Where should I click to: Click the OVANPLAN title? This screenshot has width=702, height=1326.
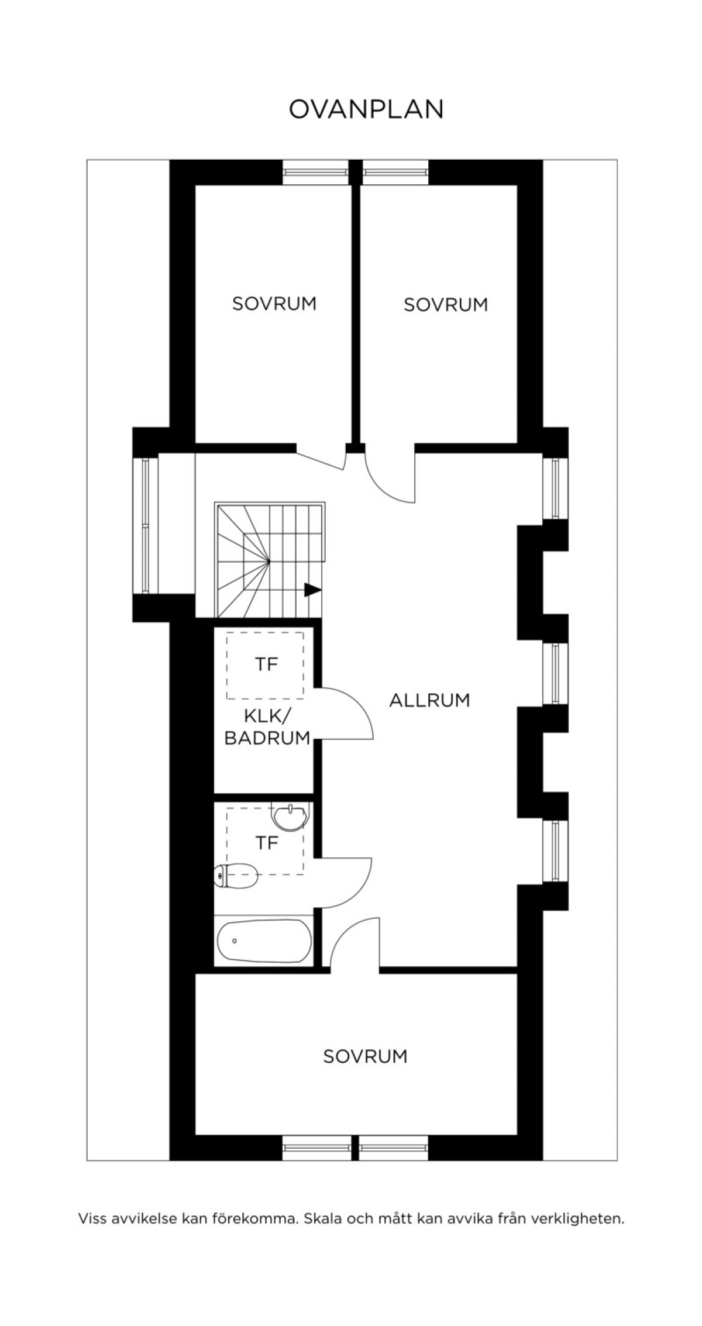click(x=367, y=109)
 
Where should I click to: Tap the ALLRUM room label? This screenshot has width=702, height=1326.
click(x=430, y=700)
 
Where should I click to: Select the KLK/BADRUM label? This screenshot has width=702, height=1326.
click(x=267, y=727)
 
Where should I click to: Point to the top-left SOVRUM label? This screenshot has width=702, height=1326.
click(x=274, y=304)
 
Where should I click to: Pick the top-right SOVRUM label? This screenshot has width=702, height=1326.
click(x=446, y=305)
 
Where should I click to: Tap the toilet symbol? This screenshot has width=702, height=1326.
click(x=236, y=876)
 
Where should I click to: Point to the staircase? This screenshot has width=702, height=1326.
click(x=270, y=560)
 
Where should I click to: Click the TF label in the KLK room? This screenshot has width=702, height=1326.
click(x=266, y=664)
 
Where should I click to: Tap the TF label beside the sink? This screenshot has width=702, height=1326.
click(x=266, y=843)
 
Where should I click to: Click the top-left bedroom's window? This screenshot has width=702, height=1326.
click(x=316, y=173)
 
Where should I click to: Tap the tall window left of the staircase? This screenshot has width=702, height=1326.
click(x=145, y=525)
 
